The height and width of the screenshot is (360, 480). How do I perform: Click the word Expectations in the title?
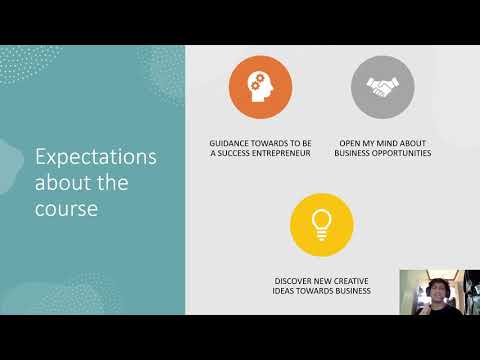(x=96, y=158)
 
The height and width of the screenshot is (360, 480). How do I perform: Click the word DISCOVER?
(x=295, y=280)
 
